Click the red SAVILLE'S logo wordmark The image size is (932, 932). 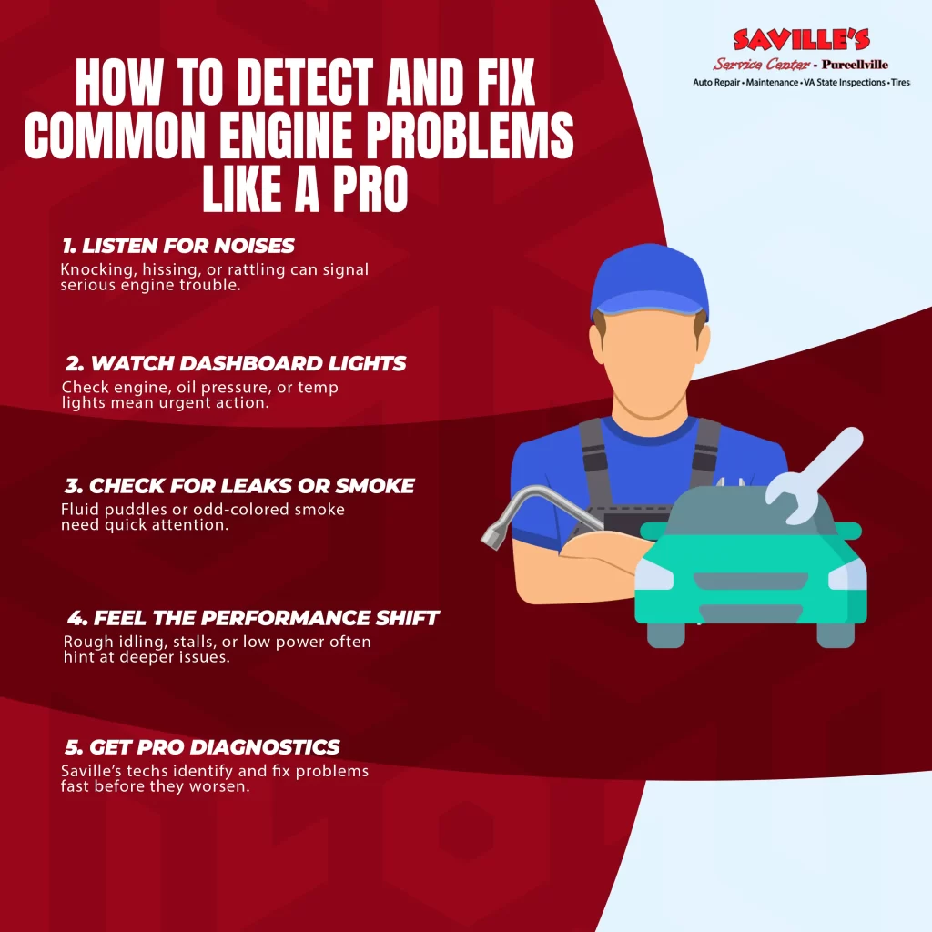coord(801,40)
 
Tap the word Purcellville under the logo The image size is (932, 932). coord(855,65)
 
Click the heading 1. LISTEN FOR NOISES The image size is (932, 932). coord(178,246)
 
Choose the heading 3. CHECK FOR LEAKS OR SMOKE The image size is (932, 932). coord(239,486)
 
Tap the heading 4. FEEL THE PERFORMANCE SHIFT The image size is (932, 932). coord(253,618)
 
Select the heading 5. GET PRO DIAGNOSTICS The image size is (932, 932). coord(202,746)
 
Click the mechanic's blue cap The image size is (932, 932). coord(650,281)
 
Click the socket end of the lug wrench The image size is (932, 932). coord(492,536)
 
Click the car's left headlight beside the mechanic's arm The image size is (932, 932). coord(653,575)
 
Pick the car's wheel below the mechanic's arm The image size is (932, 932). coord(665,634)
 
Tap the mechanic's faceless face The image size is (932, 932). coord(650,368)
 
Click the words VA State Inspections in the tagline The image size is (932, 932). coord(845,83)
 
